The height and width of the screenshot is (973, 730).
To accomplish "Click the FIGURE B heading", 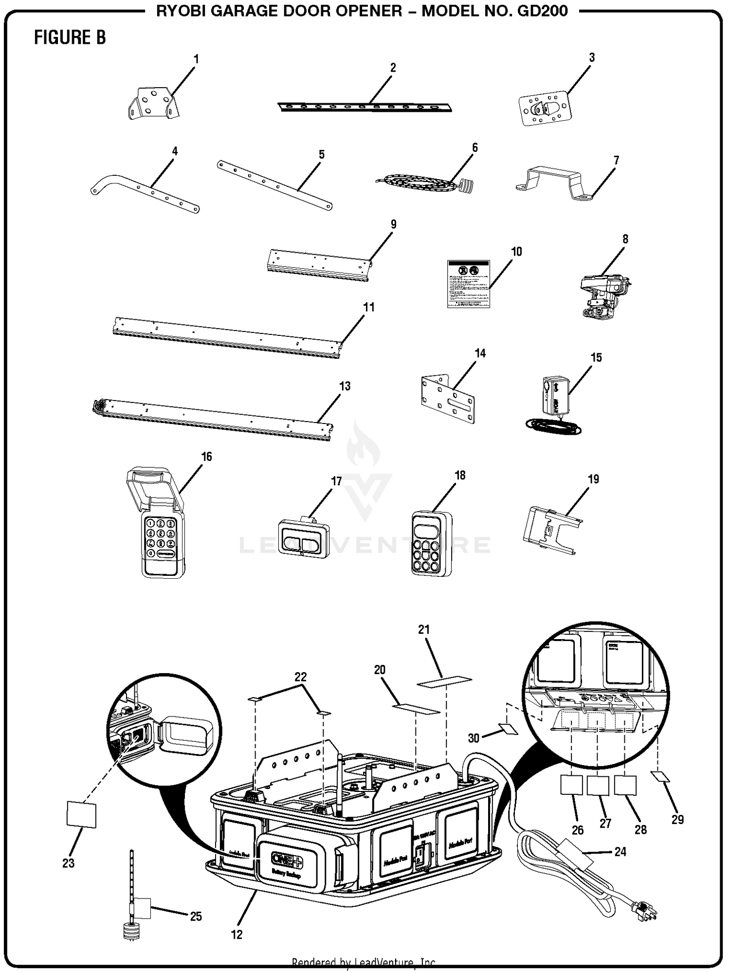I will (x=70, y=37).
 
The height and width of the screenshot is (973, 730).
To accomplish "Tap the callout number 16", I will (x=206, y=457).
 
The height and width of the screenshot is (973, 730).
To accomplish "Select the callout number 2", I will (x=393, y=68).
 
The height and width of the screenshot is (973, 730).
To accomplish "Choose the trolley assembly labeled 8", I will (x=604, y=296).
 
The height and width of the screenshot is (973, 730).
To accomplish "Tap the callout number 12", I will (x=236, y=934).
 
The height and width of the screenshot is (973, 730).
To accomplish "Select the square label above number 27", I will (x=598, y=785).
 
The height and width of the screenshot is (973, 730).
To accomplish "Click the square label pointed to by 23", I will (x=81, y=815).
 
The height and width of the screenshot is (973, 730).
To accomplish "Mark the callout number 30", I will (x=474, y=738).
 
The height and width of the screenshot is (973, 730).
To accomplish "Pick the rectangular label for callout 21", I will (x=444, y=682).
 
